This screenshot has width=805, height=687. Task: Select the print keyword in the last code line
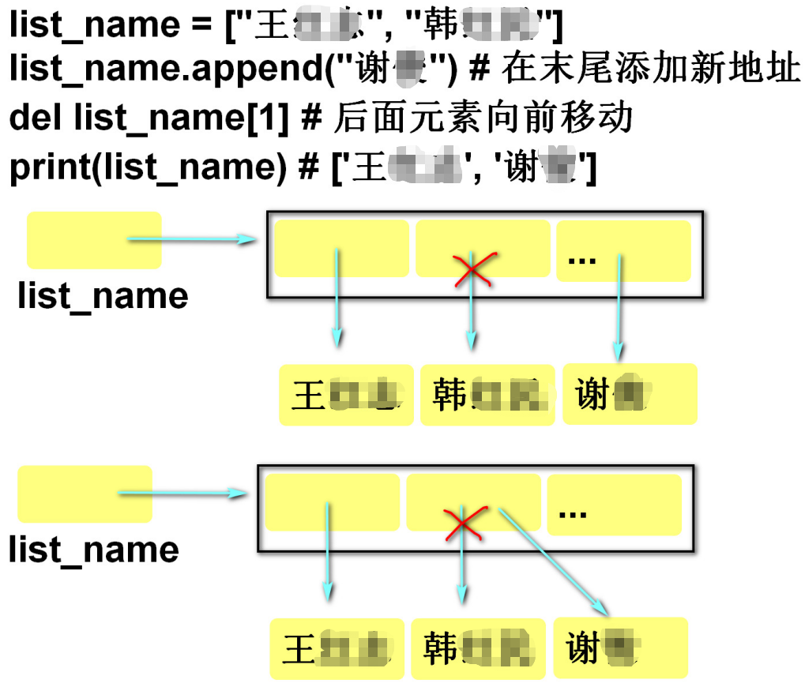[48, 167]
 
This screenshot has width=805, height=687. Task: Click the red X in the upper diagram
[472, 269]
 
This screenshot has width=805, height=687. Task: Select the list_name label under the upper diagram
[103, 296]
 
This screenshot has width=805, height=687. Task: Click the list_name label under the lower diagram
[93, 550]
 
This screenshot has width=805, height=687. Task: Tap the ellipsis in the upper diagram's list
[582, 259]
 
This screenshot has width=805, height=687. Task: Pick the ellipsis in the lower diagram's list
[573, 512]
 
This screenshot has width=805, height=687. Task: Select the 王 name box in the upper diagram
[346, 395]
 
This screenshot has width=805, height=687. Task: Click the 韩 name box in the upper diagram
[487, 395]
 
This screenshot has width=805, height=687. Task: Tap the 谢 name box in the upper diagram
[629, 393]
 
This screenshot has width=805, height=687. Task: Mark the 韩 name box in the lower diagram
[477, 649]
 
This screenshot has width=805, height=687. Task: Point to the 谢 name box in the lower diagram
[620, 648]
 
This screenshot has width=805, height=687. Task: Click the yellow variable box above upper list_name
[93, 239]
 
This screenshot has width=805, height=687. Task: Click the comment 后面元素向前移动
[483, 118]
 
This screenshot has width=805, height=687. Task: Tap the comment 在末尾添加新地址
[652, 71]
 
